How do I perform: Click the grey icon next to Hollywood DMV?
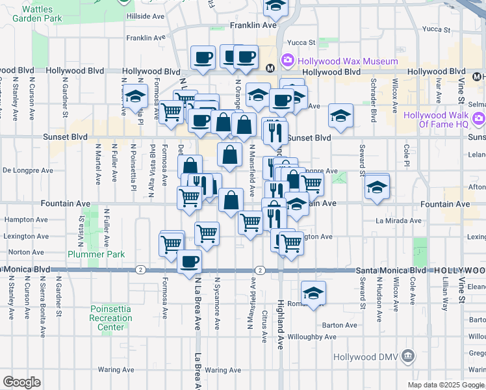point(408,356)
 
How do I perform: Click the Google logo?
point(21,382)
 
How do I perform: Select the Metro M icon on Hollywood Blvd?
point(271,67)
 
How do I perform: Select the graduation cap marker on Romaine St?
point(313,292)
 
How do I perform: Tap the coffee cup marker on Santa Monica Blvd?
point(189,261)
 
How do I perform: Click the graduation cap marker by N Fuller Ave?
point(135,96)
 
